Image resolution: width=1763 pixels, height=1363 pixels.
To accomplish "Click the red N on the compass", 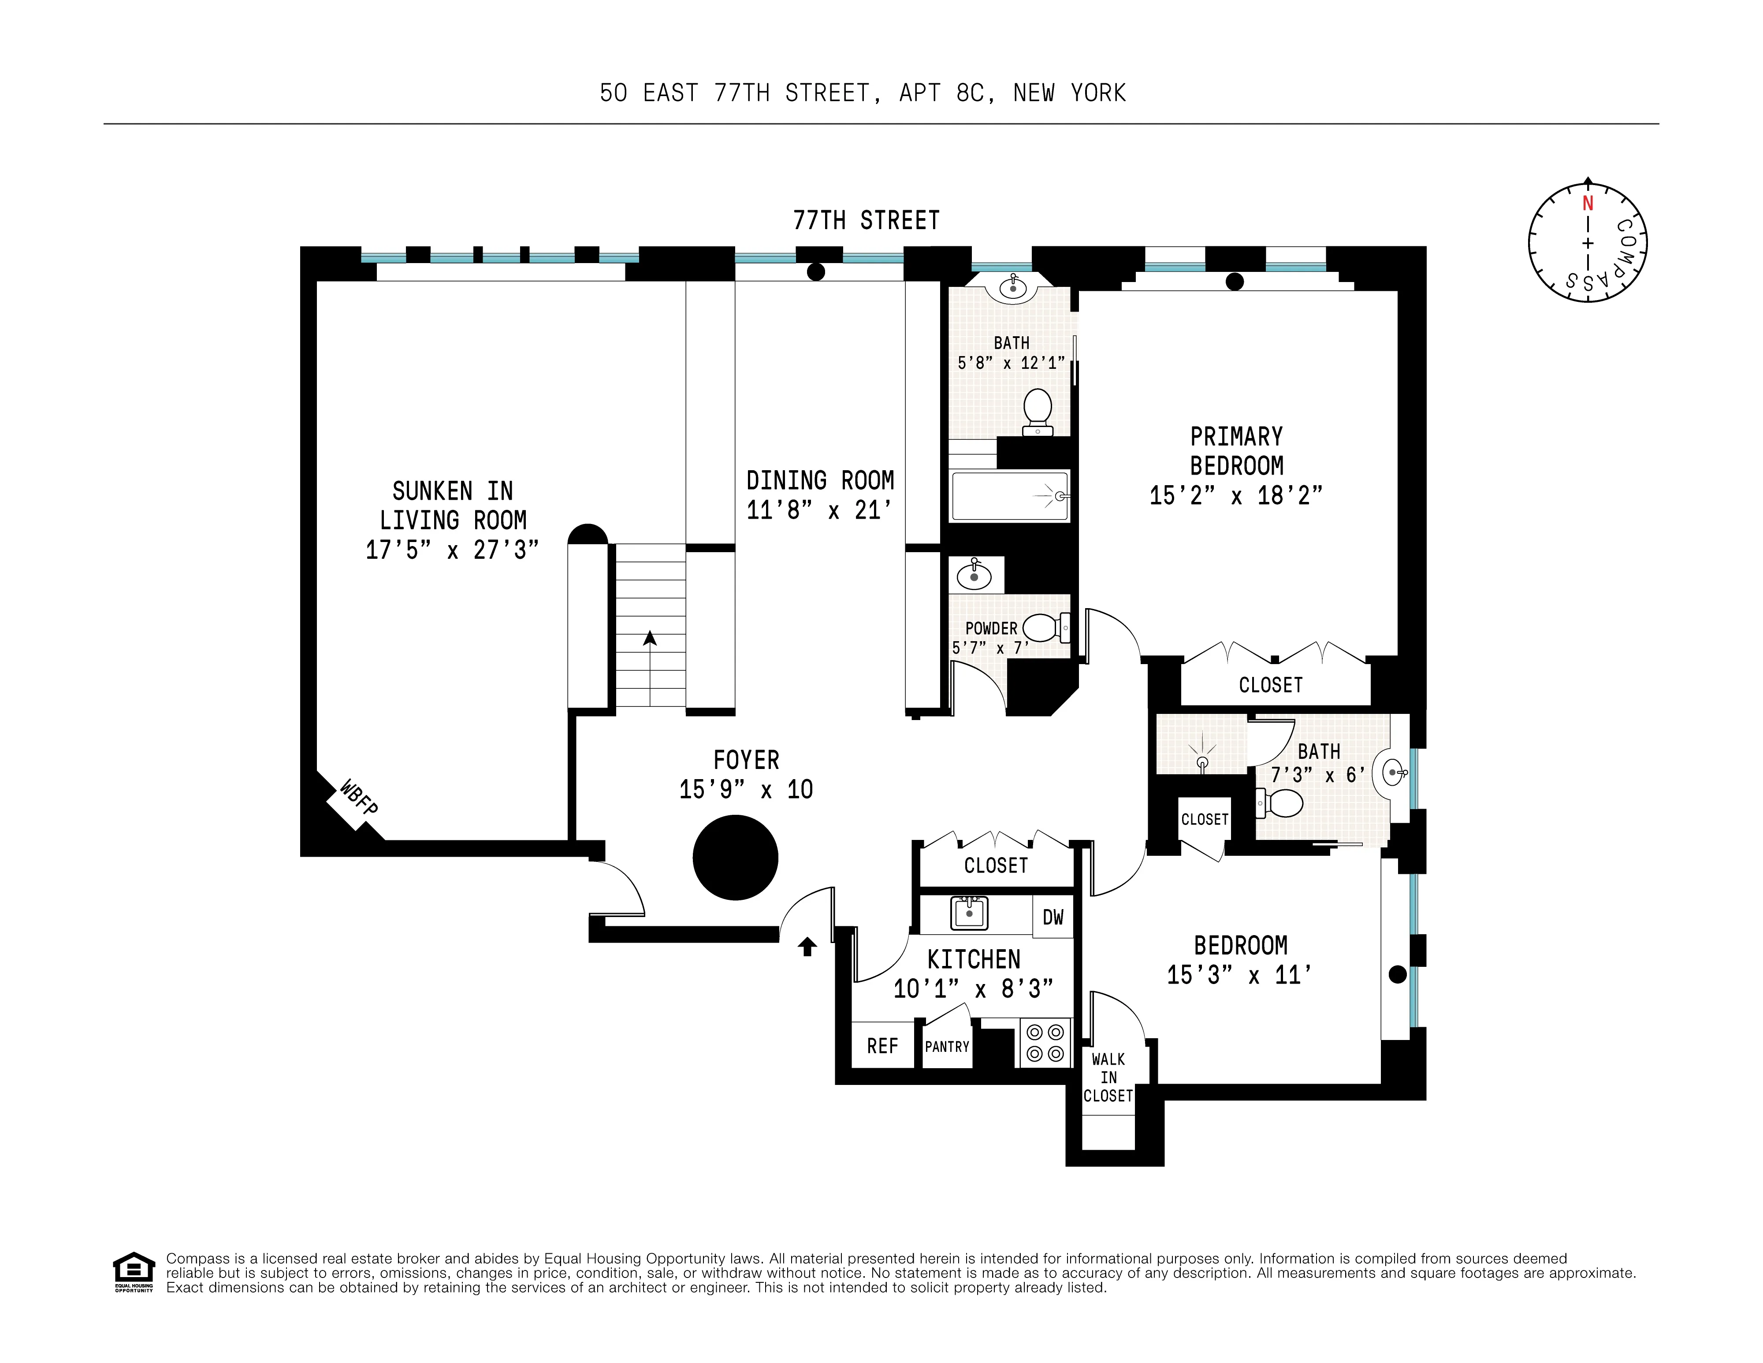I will (x=1587, y=203).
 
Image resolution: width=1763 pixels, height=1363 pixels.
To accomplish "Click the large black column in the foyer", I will (x=735, y=857).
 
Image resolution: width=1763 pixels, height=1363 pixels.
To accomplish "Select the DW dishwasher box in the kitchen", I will (x=1053, y=917).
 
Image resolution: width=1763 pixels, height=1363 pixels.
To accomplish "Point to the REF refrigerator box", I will (x=882, y=1046).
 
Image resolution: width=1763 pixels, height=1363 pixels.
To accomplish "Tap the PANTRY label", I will (x=947, y=1047).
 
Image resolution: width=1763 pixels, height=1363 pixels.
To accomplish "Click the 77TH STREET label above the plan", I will (x=866, y=220).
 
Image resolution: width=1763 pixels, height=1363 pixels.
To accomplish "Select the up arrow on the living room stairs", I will (x=650, y=639).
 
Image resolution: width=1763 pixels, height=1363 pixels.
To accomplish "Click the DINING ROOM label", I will (x=820, y=481).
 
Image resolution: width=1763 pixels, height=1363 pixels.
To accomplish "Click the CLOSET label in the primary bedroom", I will (x=1271, y=685).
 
